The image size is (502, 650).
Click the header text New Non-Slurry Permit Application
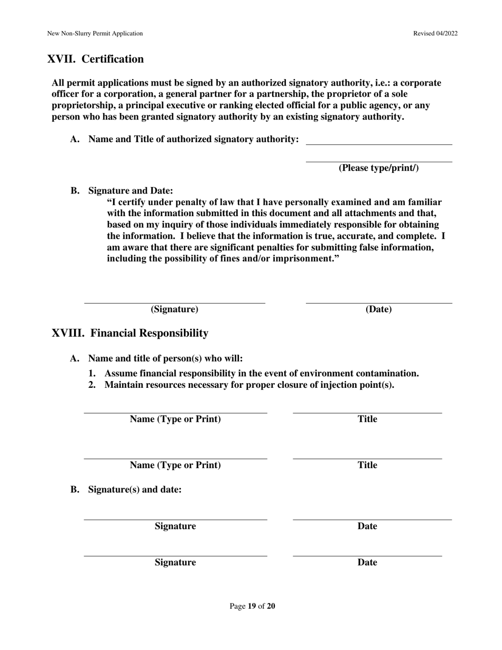coord(95,33)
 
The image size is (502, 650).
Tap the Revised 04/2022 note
coord(435,33)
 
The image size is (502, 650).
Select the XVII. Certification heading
coord(96,59)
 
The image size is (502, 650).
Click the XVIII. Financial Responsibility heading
coord(130,333)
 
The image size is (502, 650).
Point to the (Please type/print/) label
coord(378,168)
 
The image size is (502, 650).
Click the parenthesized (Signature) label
coord(174,309)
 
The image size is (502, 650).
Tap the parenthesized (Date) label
coord(378,309)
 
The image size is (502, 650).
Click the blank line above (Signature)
coord(174,303)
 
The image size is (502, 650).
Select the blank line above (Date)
coord(378,303)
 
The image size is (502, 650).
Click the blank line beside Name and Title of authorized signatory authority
coord(379,144)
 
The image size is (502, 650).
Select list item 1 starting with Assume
coord(254,374)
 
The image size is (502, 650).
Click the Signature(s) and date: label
coord(135,489)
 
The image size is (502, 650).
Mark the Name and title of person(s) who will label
coord(165,358)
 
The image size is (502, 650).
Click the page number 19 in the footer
coord(252,606)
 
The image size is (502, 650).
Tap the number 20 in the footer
coord(271,606)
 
